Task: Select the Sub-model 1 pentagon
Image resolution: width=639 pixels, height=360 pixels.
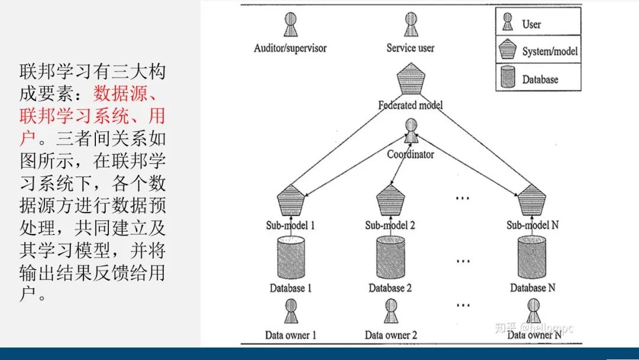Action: pos(291,201)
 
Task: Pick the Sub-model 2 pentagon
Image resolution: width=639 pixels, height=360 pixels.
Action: pos(390,201)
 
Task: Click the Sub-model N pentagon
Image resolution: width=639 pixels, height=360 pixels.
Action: pos(531,201)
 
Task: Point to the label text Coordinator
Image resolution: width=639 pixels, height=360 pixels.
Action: pos(411,155)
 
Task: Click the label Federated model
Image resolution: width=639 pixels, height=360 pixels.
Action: pos(410,105)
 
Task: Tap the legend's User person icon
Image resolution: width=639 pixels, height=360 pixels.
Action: pos(508,22)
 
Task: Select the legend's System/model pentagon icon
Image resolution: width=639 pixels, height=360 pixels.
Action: pos(508,50)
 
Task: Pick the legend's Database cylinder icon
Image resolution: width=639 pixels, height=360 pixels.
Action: pos(508,78)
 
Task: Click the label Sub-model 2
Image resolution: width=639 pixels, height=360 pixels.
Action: pos(390,225)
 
